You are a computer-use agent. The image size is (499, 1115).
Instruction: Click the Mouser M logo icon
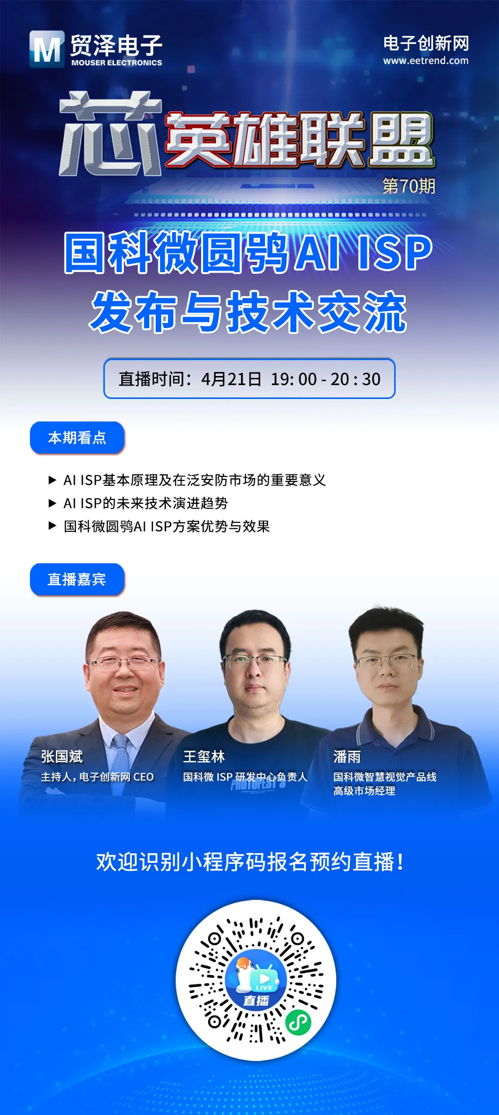[x=47, y=49]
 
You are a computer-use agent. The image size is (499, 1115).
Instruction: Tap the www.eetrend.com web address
[x=426, y=61]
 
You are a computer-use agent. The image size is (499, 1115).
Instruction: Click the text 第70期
[x=409, y=186]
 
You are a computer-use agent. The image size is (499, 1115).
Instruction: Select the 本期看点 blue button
[x=77, y=438]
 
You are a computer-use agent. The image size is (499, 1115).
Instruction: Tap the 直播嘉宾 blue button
[x=77, y=579]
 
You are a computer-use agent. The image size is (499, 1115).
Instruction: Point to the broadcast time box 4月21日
[x=249, y=379]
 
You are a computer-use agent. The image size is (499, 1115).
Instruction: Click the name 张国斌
[x=62, y=756]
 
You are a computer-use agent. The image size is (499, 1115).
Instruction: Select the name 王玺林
[x=204, y=756]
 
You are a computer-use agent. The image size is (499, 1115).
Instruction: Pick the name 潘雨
[x=347, y=757]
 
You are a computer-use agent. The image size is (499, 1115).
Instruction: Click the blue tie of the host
[x=120, y=749]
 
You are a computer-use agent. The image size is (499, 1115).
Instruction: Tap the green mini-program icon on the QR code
[x=298, y=1022]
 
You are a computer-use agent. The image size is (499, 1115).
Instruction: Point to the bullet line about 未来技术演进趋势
[x=145, y=503]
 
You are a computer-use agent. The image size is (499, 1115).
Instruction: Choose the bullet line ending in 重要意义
[x=194, y=480]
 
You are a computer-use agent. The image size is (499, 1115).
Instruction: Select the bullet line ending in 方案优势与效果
[x=166, y=526]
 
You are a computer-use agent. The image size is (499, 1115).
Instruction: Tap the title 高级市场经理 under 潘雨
[x=364, y=791]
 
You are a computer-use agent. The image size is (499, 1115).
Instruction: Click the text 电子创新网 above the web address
[x=426, y=43]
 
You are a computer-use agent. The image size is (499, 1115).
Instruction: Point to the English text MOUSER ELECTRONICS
[x=116, y=63]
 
